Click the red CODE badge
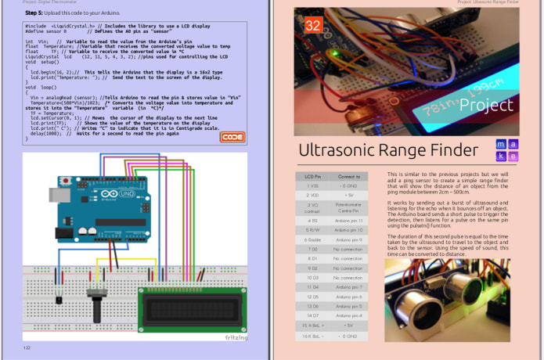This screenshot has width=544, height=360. coord(232,137)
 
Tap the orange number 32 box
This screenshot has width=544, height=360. coord(313,25)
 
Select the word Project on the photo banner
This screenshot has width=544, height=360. coord(486,105)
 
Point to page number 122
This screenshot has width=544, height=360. coord(27,347)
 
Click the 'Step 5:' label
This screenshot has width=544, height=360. coord(34,13)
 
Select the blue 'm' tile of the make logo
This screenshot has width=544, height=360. coord(502,145)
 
